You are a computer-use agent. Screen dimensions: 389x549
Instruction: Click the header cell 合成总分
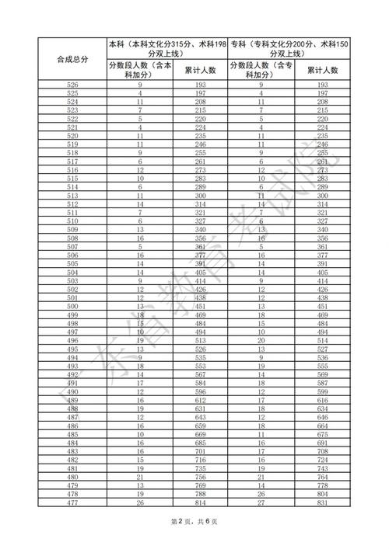(x=72, y=58)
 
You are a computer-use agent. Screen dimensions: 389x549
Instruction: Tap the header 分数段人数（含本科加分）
(x=140, y=69)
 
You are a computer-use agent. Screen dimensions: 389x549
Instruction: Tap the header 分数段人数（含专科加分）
(x=261, y=69)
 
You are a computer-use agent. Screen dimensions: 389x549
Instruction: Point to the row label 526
(x=72, y=84)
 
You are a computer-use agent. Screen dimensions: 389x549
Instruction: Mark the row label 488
(x=72, y=409)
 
